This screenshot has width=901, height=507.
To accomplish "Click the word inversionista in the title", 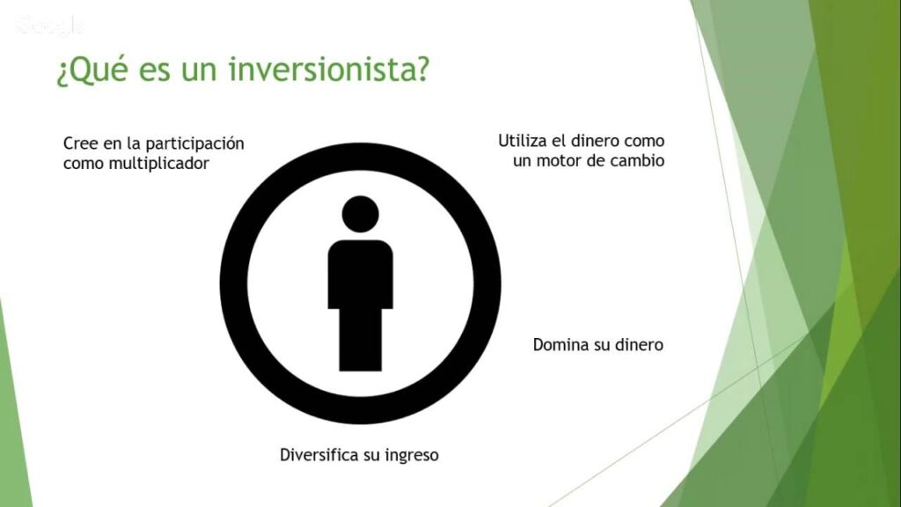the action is click(x=328, y=69).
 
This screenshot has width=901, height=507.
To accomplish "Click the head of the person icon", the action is click(x=360, y=214).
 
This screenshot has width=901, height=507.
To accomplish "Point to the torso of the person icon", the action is click(x=360, y=275).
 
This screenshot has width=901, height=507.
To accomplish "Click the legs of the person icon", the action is click(x=360, y=340).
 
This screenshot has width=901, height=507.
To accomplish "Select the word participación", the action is click(x=194, y=143).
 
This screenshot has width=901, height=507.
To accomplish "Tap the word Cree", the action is click(x=80, y=143).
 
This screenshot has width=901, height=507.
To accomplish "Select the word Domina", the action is click(x=557, y=345).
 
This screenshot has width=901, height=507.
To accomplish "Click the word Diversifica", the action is click(x=319, y=455).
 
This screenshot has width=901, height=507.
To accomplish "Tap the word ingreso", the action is click(x=412, y=456).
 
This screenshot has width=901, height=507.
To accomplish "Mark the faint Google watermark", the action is click(x=50, y=26).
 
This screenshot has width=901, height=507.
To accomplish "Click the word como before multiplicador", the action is click(x=84, y=164).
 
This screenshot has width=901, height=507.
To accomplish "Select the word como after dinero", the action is click(x=644, y=142).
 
